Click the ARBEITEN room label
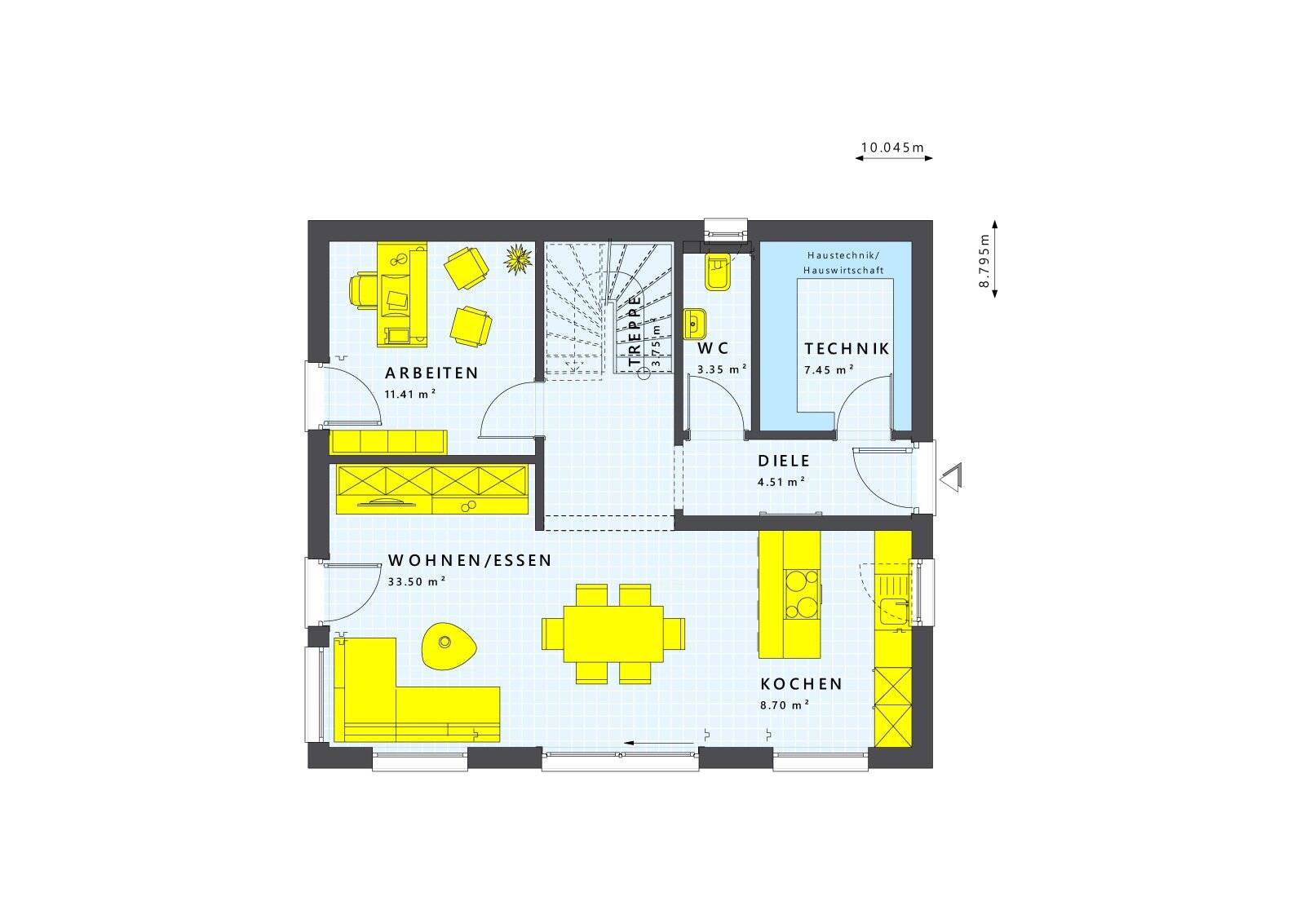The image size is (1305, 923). [431, 373]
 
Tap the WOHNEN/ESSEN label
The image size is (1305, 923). [470, 560]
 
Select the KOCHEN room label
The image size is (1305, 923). [801, 683]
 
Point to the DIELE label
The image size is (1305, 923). [784, 461]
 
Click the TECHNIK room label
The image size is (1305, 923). [847, 348]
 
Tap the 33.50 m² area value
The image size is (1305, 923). [417, 581]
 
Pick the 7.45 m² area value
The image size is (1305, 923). [829, 369]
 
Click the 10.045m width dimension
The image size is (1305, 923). [892, 148]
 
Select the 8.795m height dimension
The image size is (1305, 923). [984, 261]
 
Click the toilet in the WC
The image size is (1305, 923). [717, 271]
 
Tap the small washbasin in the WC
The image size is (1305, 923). [694, 323]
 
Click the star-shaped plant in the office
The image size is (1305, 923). [518, 259]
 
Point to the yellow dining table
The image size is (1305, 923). [613, 634]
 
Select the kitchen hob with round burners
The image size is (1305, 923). [802, 594]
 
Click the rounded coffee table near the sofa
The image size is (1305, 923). [448, 646]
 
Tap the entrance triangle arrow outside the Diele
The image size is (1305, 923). [951, 478]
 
